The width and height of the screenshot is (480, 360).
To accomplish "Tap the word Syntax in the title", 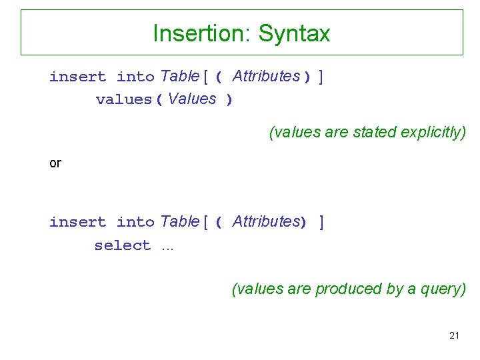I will pos(294,33).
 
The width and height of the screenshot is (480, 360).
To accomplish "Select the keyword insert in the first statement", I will pos(77,77).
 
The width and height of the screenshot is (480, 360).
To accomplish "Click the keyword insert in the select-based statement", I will pos(77,222).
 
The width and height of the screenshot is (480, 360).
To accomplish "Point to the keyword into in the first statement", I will pos(135,77).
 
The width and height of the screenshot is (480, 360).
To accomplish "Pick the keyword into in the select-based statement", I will pos(135,222).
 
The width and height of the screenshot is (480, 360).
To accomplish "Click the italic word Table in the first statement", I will pos(179,76).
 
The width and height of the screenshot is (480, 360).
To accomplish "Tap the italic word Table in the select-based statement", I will pos(179,221).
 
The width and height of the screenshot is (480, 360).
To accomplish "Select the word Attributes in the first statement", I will pos(266,76).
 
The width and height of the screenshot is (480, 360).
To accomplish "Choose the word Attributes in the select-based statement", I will pos(265,221).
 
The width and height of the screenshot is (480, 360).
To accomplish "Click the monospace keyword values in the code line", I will pos(125,100).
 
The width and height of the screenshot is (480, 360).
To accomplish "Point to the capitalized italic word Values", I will pos(193,99).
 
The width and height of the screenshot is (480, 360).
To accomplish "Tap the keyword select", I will pos(123,245).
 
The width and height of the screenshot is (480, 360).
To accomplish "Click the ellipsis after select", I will pos(167,247).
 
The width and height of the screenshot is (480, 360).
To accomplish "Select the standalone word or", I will pos(55,163).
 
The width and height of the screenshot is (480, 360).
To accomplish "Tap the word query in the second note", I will pos(443,289).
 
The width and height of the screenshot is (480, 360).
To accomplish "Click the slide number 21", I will pos(454,335).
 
